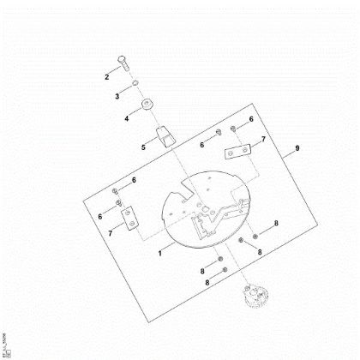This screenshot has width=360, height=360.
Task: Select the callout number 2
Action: coord(108,77)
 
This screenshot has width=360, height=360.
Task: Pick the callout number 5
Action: coord(144,147)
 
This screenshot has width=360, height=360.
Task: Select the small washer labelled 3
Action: coord(136,83)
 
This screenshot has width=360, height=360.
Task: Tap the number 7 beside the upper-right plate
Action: coord(263,139)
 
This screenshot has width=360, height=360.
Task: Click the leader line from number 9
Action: coord(288,153)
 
